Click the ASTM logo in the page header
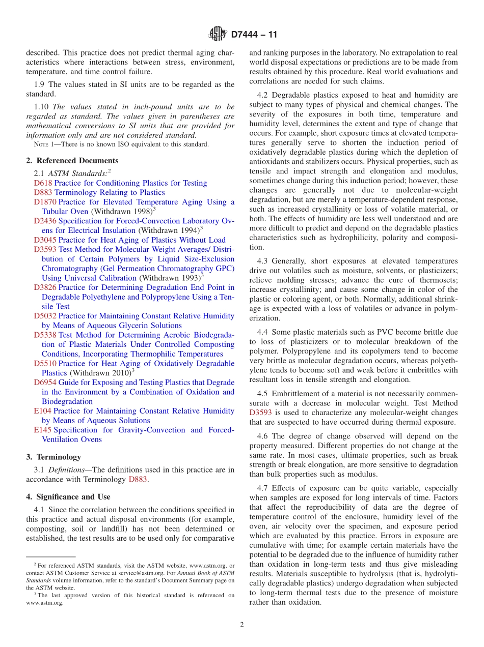pos(218,35)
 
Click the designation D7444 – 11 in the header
pos(254,35)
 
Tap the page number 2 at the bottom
pos(242,625)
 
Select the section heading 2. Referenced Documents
pos(72,161)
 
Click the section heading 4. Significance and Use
pos(68,496)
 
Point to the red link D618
pos(43,183)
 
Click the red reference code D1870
pos(45,202)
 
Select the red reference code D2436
pos(45,221)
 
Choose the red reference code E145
pos(43,430)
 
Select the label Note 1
pos(43,144)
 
